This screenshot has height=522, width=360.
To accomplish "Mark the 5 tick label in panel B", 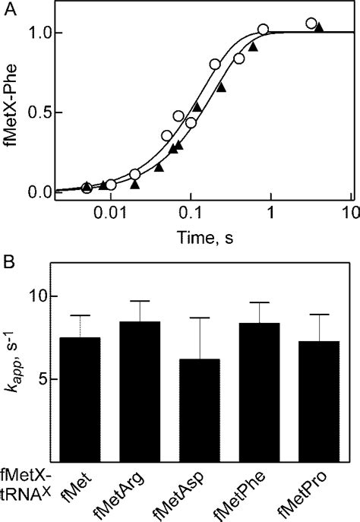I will coord(35,379).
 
